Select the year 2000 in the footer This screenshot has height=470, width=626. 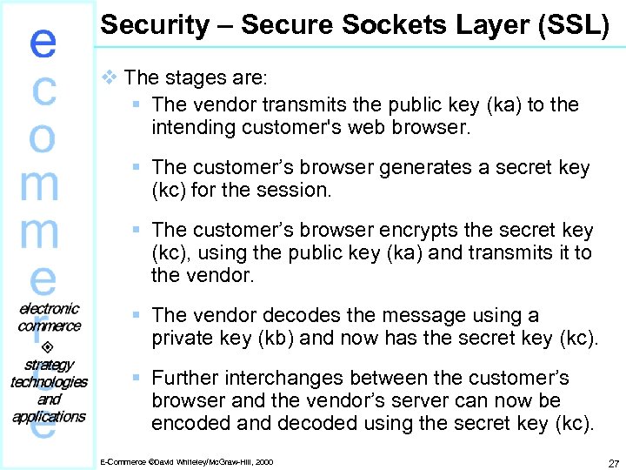pos(263,461)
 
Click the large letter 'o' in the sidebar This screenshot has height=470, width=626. pos(43,138)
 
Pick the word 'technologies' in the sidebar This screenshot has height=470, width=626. pos(49,381)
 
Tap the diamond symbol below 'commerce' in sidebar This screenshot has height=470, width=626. pos(49,345)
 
